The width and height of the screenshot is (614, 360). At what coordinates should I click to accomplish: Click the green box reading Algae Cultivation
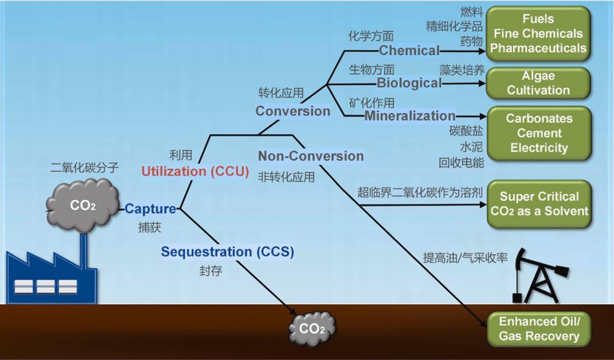(538, 83)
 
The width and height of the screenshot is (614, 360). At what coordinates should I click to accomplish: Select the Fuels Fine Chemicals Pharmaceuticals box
(538, 33)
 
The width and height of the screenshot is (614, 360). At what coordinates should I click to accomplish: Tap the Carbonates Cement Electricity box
(538, 133)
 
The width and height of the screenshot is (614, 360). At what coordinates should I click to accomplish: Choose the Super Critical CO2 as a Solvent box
(538, 204)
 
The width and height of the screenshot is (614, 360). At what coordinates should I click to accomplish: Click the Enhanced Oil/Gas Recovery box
(538, 329)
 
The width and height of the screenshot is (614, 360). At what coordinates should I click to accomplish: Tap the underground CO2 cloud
(312, 328)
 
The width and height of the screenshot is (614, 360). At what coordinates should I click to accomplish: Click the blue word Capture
(150, 208)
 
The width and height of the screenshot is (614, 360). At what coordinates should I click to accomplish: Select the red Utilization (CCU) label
(195, 171)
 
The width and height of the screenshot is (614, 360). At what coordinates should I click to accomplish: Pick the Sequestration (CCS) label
(227, 252)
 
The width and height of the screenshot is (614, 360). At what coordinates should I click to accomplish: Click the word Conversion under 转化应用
(293, 111)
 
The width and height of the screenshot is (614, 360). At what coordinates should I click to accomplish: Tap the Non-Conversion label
(311, 156)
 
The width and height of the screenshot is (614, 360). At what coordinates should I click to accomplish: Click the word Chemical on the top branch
(409, 51)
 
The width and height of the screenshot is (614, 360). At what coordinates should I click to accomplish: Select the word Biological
(409, 83)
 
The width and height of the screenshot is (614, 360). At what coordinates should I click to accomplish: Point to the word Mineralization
(410, 115)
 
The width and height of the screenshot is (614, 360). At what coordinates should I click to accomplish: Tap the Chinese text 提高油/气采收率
(465, 257)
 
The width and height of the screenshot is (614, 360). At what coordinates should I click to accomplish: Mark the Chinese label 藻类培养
(462, 70)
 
